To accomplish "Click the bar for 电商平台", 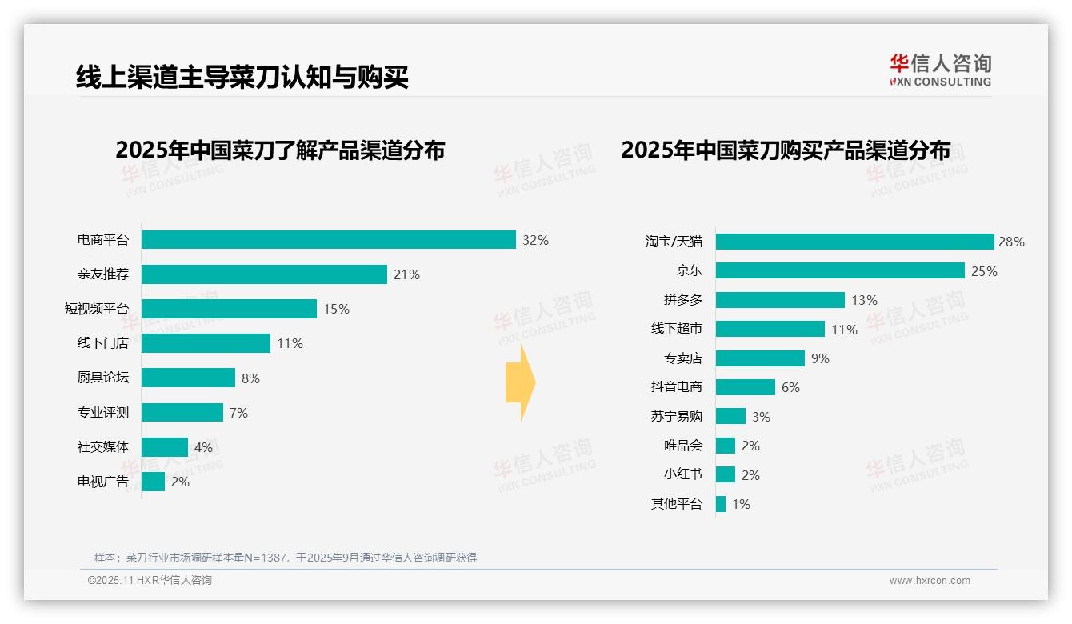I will pyautogui.click(x=328, y=239).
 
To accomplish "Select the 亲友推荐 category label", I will pyautogui.click(x=102, y=274).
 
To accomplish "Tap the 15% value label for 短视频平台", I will pyautogui.click(x=336, y=309).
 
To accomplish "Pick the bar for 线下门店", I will pyautogui.click(x=206, y=343).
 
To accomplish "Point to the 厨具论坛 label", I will pyautogui.click(x=102, y=378).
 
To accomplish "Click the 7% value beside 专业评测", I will pyautogui.click(x=238, y=413).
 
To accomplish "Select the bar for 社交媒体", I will pyautogui.click(x=165, y=447).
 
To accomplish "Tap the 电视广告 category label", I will pyautogui.click(x=102, y=482).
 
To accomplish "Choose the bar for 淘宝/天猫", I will pyautogui.click(x=854, y=242).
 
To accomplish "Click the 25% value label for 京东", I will pyautogui.click(x=984, y=271).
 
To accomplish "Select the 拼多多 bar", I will pyautogui.click(x=780, y=300).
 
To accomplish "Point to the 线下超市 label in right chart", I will pyautogui.click(x=676, y=329).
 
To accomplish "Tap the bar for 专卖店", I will pyautogui.click(x=760, y=358).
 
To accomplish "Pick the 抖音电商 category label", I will pyautogui.click(x=676, y=387).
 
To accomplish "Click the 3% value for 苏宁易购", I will pyautogui.click(x=761, y=417).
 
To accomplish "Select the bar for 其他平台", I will pyautogui.click(x=721, y=504).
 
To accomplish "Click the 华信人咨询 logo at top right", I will pyautogui.click(x=940, y=70).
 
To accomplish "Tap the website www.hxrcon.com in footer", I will pyautogui.click(x=930, y=580).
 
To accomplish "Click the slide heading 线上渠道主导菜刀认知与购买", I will pyautogui.click(x=242, y=77).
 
